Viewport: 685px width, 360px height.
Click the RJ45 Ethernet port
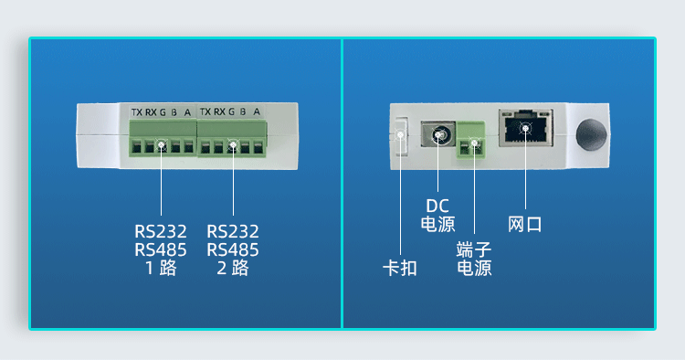point(526,128)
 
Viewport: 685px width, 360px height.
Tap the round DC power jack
point(438,134)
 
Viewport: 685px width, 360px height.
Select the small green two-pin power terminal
point(471,140)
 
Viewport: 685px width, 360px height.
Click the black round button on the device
point(591,134)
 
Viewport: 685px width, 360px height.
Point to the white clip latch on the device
point(400,135)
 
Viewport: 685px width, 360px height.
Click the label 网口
point(524,224)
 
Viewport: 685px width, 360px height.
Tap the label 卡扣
point(400,268)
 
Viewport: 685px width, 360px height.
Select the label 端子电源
point(474,259)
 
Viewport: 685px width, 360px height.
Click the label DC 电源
point(437,215)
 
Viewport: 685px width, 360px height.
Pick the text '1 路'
point(161,268)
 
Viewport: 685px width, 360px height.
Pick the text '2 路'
point(233,268)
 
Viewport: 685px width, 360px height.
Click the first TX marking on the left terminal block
point(137,112)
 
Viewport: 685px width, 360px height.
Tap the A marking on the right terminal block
point(257,111)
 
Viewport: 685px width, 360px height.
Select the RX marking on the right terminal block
point(219,111)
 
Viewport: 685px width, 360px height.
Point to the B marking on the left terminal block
point(174,112)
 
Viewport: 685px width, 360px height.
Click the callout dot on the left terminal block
point(161,144)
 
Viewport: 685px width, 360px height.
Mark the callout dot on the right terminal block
point(233,144)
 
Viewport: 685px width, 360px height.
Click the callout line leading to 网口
point(525,169)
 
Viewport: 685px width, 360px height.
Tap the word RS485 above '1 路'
point(161,250)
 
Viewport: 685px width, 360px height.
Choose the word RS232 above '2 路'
point(233,231)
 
